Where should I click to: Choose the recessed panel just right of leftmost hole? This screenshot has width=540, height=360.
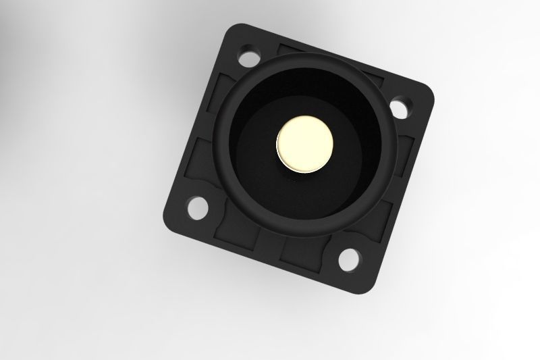tap(233, 223)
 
